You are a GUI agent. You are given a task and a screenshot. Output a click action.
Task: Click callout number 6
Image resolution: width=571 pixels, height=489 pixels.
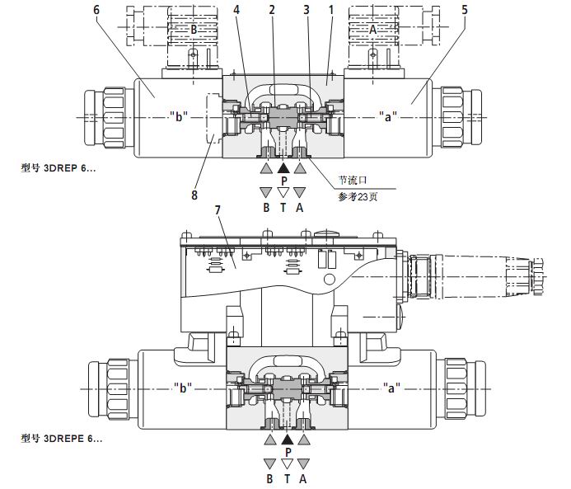point(97,10)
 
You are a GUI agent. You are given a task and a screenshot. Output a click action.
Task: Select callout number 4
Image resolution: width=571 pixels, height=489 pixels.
point(236,10)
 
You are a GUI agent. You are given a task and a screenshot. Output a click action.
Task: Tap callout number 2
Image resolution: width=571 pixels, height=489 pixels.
point(271,10)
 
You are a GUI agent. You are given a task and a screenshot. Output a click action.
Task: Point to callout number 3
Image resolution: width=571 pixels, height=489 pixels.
point(306,10)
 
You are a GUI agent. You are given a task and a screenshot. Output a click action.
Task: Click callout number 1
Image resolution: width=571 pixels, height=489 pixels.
point(330,10)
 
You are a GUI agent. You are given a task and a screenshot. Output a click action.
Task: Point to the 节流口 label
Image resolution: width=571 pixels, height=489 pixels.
point(351,179)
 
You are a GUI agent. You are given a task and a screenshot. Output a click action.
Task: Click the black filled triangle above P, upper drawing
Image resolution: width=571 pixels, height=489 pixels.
point(283,167)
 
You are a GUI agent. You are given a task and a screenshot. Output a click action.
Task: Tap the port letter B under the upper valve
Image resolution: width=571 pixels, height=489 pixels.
point(266,208)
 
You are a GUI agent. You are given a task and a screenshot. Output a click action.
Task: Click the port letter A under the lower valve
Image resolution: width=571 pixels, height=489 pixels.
point(304,477)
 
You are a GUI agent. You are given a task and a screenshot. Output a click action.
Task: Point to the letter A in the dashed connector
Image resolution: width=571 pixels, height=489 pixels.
point(372,28)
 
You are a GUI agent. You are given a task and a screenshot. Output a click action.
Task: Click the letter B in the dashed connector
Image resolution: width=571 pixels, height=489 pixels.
point(194,28)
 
